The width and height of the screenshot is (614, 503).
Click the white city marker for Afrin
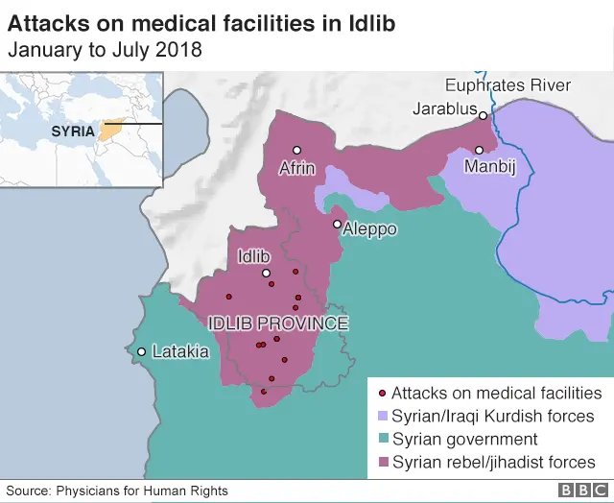click(x=297, y=150)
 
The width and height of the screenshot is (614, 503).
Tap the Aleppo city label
click(x=369, y=230)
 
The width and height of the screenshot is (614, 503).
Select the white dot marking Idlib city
click(x=267, y=274)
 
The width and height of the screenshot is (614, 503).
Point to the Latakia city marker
click(x=141, y=351)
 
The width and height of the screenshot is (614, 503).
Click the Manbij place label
click(x=490, y=168)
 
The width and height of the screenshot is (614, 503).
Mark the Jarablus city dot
click(x=484, y=116)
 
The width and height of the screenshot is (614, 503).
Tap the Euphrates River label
click(x=508, y=85)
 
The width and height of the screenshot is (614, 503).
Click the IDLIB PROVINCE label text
click(x=277, y=323)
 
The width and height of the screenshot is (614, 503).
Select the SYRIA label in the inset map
click(x=73, y=131)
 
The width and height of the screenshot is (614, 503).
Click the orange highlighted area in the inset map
click(x=111, y=128)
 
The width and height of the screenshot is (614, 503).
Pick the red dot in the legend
click(x=382, y=394)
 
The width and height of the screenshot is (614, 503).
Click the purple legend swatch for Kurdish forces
click(x=382, y=417)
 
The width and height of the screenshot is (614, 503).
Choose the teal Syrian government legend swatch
click(x=382, y=440)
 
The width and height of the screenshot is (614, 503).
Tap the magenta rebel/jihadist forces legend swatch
click(x=382, y=463)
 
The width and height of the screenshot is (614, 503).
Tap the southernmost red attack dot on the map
click(x=264, y=392)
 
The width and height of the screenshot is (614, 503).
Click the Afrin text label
click(x=296, y=168)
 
